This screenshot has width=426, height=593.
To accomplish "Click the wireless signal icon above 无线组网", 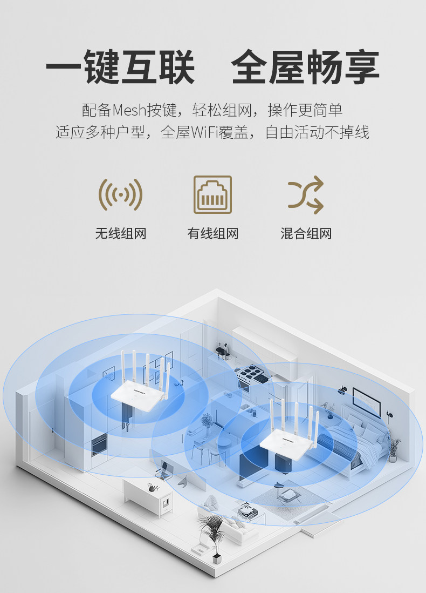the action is click(x=120, y=194).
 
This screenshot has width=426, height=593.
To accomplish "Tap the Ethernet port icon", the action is click(x=212, y=194).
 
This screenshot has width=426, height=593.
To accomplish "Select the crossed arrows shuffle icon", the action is click(x=305, y=194).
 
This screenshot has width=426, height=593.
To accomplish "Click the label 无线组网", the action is click(x=120, y=234).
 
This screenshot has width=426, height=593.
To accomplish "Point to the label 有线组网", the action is click(x=212, y=234).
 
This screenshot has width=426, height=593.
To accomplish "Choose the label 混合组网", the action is click(x=306, y=234).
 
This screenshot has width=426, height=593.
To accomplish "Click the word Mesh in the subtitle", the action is click(x=130, y=110).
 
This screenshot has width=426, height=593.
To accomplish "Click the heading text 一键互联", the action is click(x=120, y=68).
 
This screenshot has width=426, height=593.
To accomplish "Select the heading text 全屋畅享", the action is click(x=305, y=68).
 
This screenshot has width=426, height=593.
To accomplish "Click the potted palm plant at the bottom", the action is click(x=213, y=535).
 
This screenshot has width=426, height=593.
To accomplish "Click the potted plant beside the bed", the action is click(x=394, y=448).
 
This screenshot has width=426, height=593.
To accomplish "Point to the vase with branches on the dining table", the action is click(x=207, y=423).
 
